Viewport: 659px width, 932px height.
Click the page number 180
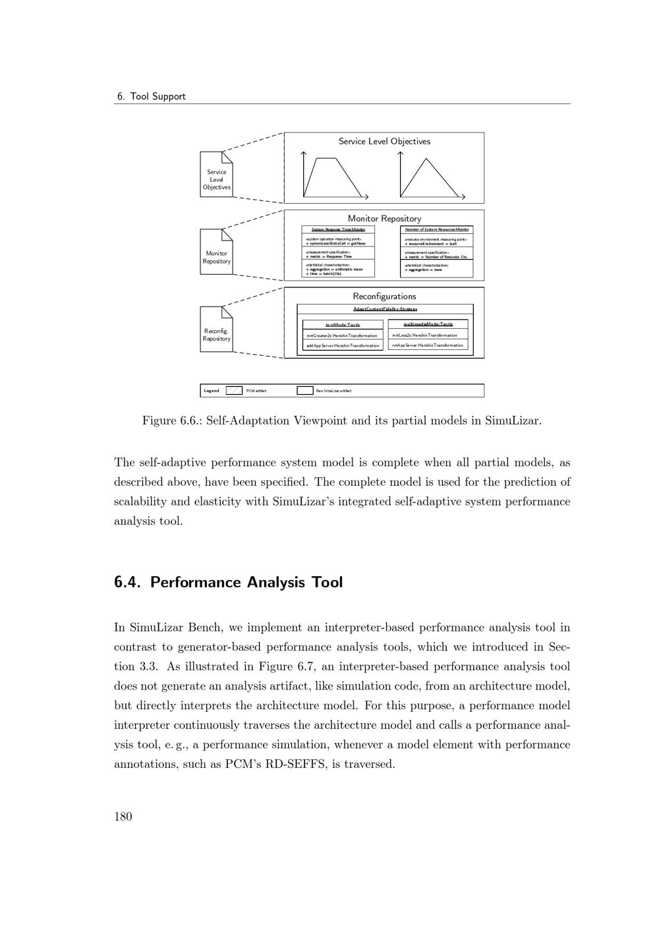pyautogui.click(x=123, y=817)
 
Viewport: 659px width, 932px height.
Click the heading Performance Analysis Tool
pyautogui.click(x=228, y=583)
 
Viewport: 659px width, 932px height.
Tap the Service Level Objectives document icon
pyautogui.click(x=216, y=175)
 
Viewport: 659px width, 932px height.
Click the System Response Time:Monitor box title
pyautogui.click(x=338, y=229)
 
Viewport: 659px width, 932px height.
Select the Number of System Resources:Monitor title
pyautogui.click(x=437, y=229)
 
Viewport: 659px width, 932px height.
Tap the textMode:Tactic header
pyautogui.click(x=343, y=325)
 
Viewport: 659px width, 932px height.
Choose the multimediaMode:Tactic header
pyautogui.click(x=428, y=324)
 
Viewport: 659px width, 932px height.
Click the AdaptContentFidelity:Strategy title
pyautogui.click(x=385, y=309)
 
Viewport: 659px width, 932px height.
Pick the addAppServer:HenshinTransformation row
pyautogui.click(x=343, y=345)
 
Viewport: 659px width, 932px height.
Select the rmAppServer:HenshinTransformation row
pyautogui.click(x=428, y=345)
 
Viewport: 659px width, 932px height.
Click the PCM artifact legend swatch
pyautogui.click(x=234, y=390)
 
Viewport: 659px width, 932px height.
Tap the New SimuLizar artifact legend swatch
pyautogui.click(x=304, y=390)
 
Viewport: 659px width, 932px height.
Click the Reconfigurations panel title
pyautogui.click(x=384, y=297)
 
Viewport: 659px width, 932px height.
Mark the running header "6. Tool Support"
pyautogui.click(x=151, y=96)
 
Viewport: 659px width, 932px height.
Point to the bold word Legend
pyautogui.click(x=212, y=391)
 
